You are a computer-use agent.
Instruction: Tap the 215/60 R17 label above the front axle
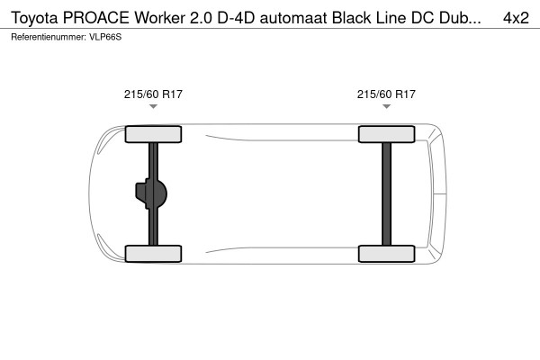153,94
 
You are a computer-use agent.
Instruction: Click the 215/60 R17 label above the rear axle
386,94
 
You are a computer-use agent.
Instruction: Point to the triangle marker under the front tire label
153,107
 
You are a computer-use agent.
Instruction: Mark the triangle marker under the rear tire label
386,107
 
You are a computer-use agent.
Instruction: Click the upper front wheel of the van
153,135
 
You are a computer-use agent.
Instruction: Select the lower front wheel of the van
153,253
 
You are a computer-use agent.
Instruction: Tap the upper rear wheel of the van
386,135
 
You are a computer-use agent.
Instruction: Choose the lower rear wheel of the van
386,253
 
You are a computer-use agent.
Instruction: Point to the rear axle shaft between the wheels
386,194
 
